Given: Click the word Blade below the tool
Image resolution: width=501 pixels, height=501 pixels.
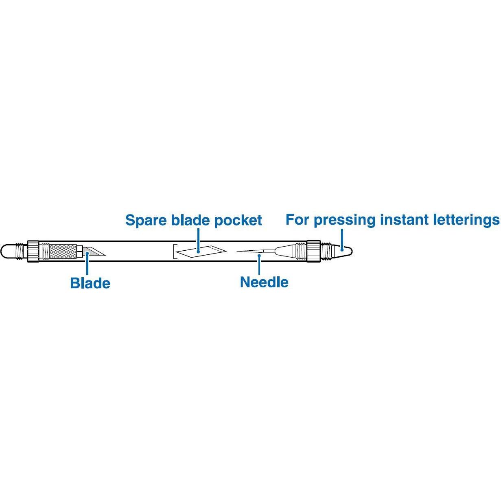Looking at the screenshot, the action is point(90,283).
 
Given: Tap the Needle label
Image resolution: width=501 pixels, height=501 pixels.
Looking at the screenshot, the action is point(264,282).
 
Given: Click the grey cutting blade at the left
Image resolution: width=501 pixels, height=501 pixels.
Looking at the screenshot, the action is point(94,251).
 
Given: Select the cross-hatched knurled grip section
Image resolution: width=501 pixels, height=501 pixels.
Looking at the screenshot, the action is point(63,251).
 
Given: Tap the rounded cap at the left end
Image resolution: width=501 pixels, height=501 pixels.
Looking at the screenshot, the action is point(8,251).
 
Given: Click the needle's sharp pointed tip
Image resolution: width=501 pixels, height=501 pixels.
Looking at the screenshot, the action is point(236,252).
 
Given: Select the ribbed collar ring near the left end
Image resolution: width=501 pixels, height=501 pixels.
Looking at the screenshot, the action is point(33,251).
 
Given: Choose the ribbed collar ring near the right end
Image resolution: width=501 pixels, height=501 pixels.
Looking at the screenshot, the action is point(313,251).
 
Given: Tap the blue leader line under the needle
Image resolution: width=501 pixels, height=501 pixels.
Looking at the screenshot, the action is point(259,265).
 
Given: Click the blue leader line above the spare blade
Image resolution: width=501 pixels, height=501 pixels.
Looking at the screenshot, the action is point(198,240).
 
